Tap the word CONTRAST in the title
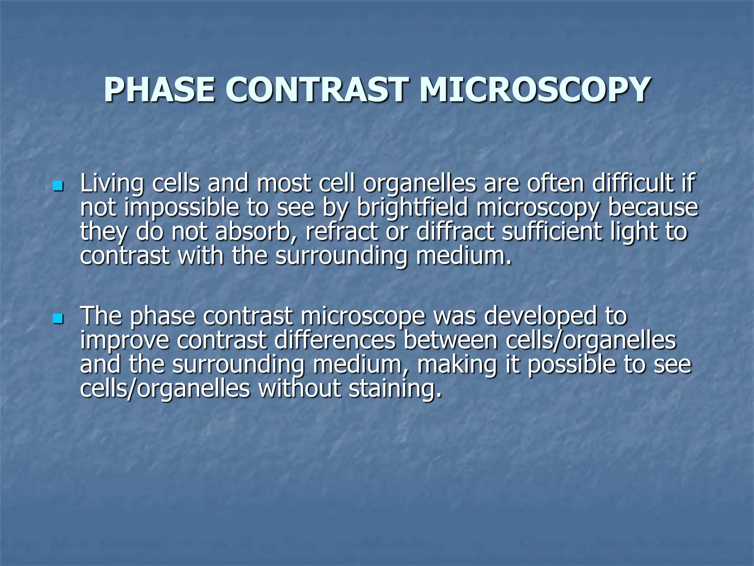tap(317, 90)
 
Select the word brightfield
tap(412, 208)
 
